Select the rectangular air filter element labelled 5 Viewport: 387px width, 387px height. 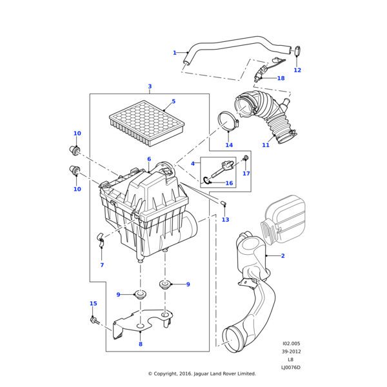point(147,123)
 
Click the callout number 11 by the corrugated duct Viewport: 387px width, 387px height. point(265,145)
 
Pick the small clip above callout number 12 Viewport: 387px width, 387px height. point(299,51)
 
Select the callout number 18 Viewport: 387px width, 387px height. point(281,78)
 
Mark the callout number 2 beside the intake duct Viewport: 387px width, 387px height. point(283,256)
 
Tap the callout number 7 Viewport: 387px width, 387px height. point(102,265)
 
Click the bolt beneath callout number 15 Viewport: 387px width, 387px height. point(94,319)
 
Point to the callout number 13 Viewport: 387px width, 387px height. point(225,220)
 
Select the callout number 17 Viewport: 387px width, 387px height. point(246,174)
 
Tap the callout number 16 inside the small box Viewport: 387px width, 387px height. point(228,183)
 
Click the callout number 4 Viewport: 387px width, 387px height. point(192,164)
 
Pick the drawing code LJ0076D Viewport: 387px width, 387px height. point(290,368)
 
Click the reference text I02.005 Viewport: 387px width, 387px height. point(291,344)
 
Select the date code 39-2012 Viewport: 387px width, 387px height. point(291,352)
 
